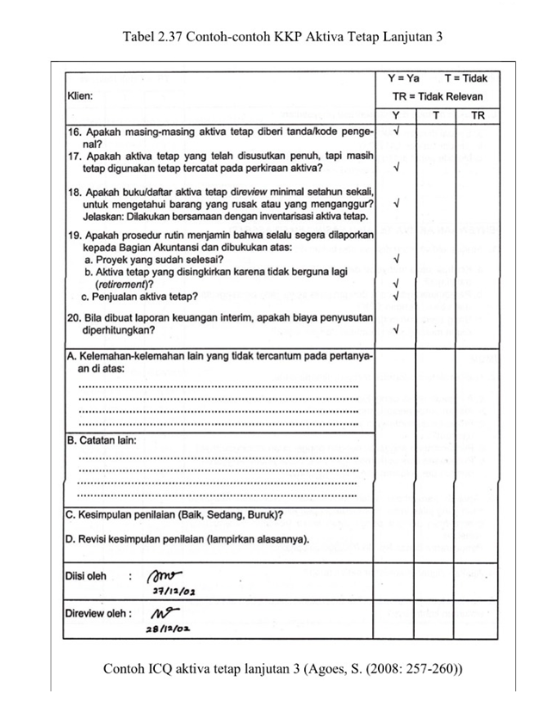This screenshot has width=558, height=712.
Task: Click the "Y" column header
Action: tap(396, 116)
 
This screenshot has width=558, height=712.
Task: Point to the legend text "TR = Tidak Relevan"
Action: tap(438, 97)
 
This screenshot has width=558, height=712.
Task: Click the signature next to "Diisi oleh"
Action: tap(166, 575)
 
